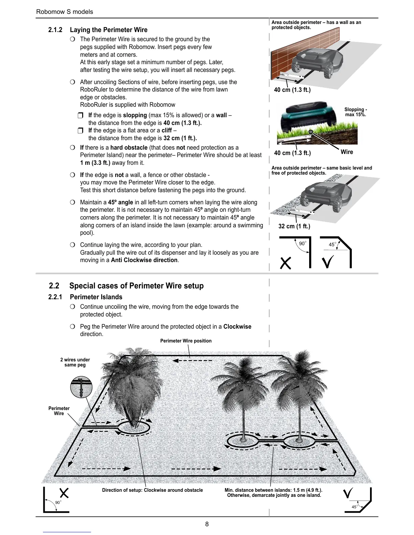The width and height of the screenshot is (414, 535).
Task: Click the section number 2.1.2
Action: (x=55, y=30)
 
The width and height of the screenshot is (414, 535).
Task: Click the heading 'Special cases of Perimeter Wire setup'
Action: (x=136, y=286)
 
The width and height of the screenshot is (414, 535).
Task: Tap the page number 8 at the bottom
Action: (x=207, y=524)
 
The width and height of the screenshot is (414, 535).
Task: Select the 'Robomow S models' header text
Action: (x=65, y=11)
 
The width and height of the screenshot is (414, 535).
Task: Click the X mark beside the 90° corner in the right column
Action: (x=286, y=263)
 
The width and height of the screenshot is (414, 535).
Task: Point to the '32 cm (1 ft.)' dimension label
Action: (x=294, y=226)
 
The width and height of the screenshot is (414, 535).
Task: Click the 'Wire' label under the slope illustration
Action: (x=347, y=152)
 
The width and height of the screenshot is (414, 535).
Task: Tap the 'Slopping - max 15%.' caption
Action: (x=355, y=112)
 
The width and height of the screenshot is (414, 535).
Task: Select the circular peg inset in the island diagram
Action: (x=81, y=387)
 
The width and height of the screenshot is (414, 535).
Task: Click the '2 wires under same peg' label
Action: (x=75, y=362)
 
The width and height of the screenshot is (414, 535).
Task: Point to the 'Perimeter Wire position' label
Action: (x=186, y=341)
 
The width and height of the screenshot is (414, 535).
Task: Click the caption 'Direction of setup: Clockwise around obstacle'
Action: (x=153, y=490)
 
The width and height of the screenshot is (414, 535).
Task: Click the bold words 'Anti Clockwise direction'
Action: (x=144, y=260)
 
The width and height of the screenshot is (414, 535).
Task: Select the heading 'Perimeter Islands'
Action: (x=96, y=297)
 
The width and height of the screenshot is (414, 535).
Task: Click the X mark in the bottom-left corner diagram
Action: (x=64, y=493)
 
